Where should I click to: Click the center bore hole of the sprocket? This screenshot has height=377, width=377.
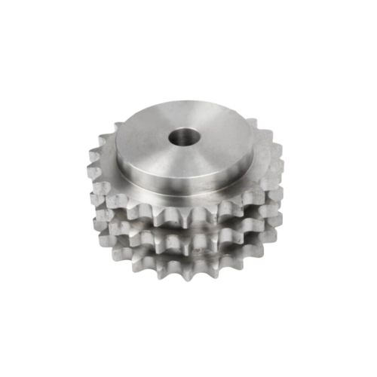click(182, 137)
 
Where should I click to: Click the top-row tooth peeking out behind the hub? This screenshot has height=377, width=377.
click(249, 121)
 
